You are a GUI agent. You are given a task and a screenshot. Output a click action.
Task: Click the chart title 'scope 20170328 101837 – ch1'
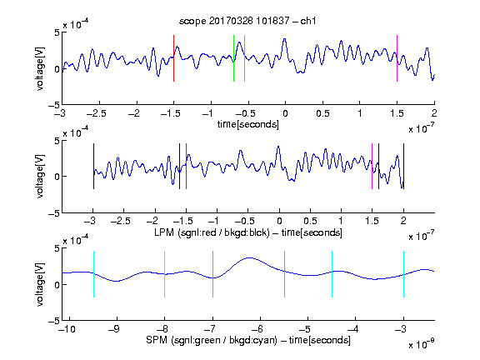point(247,21)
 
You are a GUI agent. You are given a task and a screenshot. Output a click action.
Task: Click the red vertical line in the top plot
point(173,58)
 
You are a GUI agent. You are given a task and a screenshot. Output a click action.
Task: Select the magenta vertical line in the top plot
point(397,58)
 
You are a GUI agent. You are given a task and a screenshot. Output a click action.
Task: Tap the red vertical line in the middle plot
point(186,166)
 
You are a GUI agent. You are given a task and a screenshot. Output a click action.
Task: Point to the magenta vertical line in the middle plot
point(372,166)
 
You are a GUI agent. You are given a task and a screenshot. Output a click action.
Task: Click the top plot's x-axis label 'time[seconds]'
point(248,124)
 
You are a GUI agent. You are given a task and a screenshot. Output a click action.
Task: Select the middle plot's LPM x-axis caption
point(248,232)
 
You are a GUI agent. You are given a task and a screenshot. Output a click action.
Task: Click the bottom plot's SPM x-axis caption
point(248,340)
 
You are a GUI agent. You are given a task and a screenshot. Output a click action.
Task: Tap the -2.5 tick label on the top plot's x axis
point(97,113)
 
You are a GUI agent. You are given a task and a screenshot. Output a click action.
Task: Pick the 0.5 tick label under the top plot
point(322,113)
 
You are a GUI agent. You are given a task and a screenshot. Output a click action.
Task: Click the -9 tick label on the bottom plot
point(114,329)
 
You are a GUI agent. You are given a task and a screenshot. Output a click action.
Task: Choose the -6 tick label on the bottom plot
point(257,329)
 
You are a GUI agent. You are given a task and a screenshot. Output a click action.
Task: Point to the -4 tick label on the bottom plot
point(352,329)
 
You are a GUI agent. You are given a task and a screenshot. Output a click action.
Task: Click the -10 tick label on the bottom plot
point(67,329)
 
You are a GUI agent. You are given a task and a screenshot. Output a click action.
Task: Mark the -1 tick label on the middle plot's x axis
point(214,221)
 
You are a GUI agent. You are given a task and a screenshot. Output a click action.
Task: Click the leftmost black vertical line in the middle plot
point(93,166)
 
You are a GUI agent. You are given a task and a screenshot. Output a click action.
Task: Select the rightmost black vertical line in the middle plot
point(404,166)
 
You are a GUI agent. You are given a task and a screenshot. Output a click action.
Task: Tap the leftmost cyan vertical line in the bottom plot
point(93,274)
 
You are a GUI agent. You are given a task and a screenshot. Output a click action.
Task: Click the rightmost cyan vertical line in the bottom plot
point(404,274)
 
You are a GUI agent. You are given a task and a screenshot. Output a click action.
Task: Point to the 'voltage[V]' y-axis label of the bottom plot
point(40,284)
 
